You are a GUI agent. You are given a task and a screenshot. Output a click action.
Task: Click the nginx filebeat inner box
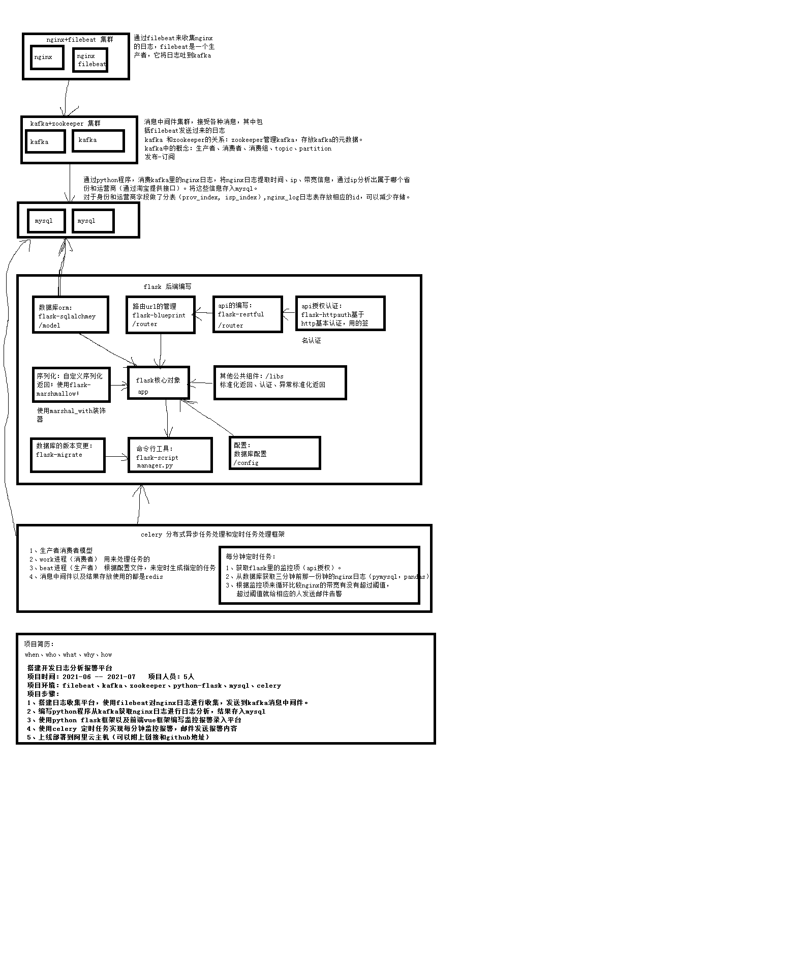[90, 60]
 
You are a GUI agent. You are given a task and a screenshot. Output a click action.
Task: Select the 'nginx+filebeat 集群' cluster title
[80, 39]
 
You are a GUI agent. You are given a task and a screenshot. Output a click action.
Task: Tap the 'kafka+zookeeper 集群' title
[65, 123]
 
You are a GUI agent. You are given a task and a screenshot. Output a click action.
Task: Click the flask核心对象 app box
[158, 382]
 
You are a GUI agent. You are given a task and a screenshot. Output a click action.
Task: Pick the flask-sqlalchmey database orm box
[71, 315]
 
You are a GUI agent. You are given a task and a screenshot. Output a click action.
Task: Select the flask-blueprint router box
[161, 315]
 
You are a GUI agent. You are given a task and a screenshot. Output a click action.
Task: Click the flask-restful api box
[247, 315]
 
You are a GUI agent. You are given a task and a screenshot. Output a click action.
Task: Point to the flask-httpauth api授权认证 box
[340, 313]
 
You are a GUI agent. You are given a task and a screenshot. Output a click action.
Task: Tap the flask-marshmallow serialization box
[71, 385]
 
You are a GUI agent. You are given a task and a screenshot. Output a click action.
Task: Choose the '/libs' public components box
[280, 382]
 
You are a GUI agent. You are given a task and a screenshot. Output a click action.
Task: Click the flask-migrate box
[68, 455]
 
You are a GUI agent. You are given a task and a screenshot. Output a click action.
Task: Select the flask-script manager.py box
[170, 455]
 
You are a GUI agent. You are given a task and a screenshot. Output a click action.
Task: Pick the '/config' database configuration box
[274, 453]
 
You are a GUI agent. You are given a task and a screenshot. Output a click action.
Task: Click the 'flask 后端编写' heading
[167, 286]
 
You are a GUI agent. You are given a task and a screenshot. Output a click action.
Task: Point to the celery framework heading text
[212, 534]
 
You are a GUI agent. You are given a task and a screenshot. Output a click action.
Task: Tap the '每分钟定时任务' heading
[251, 556]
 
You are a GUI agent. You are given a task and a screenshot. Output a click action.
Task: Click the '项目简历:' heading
[39, 643]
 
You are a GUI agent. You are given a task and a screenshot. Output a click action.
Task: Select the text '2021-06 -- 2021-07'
[99, 676]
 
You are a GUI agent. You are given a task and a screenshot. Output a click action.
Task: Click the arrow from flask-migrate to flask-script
[117, 457]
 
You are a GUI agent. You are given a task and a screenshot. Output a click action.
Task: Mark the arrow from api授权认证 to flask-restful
[289, 312]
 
